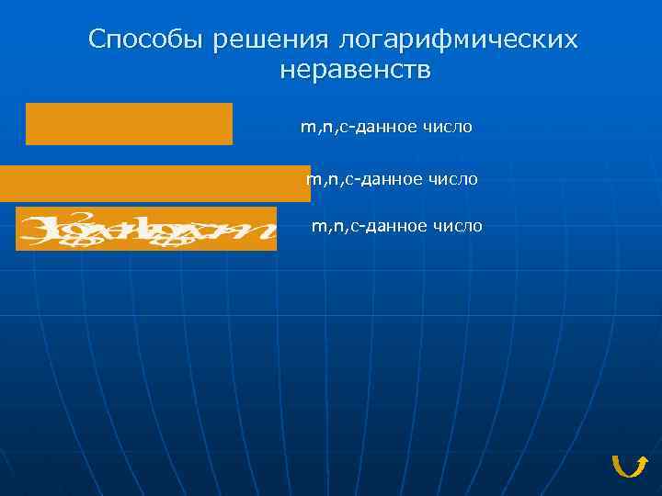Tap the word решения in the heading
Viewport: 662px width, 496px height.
click(x=269, y=39)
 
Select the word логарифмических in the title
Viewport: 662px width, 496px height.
click(x=458, y=39)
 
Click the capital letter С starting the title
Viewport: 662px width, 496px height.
click(x=97, y=39)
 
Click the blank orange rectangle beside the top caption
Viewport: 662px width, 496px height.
click(x=129, y=124)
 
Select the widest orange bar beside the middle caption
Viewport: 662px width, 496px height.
click(x=154, y=184)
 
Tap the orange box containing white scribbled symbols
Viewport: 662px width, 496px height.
click(x=146, y=229)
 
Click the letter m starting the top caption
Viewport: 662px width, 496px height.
click(x=306, y=128)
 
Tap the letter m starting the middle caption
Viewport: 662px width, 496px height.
click(x=312, y=180)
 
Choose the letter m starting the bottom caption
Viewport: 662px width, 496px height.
click(x=317, y=226)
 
